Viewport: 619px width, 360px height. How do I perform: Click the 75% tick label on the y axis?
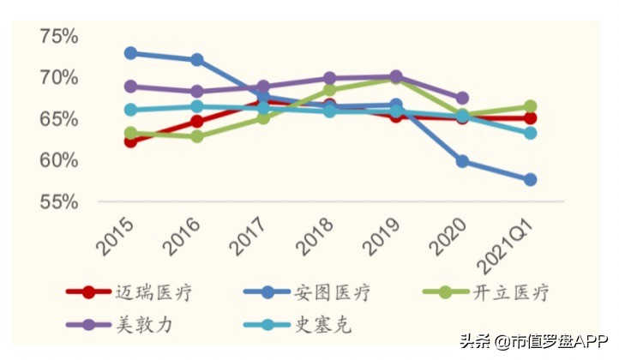click(59, 36)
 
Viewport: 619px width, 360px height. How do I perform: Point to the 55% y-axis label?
click(59, 202)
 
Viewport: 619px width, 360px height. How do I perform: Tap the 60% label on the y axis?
click(59, 160)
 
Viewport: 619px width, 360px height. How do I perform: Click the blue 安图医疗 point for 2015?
click(130, 53)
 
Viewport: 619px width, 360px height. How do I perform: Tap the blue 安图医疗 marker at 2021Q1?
click(530, 180)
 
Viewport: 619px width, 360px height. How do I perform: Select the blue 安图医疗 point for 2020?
click(463, 161)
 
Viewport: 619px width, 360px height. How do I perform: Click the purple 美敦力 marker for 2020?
click(463, 99)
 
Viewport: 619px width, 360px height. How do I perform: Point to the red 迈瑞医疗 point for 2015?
click(130, 141)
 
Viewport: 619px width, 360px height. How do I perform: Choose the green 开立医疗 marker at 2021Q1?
click(530, 107)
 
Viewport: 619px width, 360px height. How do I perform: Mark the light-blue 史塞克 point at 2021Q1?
click(530, 133)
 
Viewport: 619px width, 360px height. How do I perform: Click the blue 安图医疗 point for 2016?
click(196, 60)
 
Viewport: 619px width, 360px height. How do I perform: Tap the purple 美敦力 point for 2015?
click(130, 87)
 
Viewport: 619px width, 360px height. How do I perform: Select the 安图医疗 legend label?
click(334, 293)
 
